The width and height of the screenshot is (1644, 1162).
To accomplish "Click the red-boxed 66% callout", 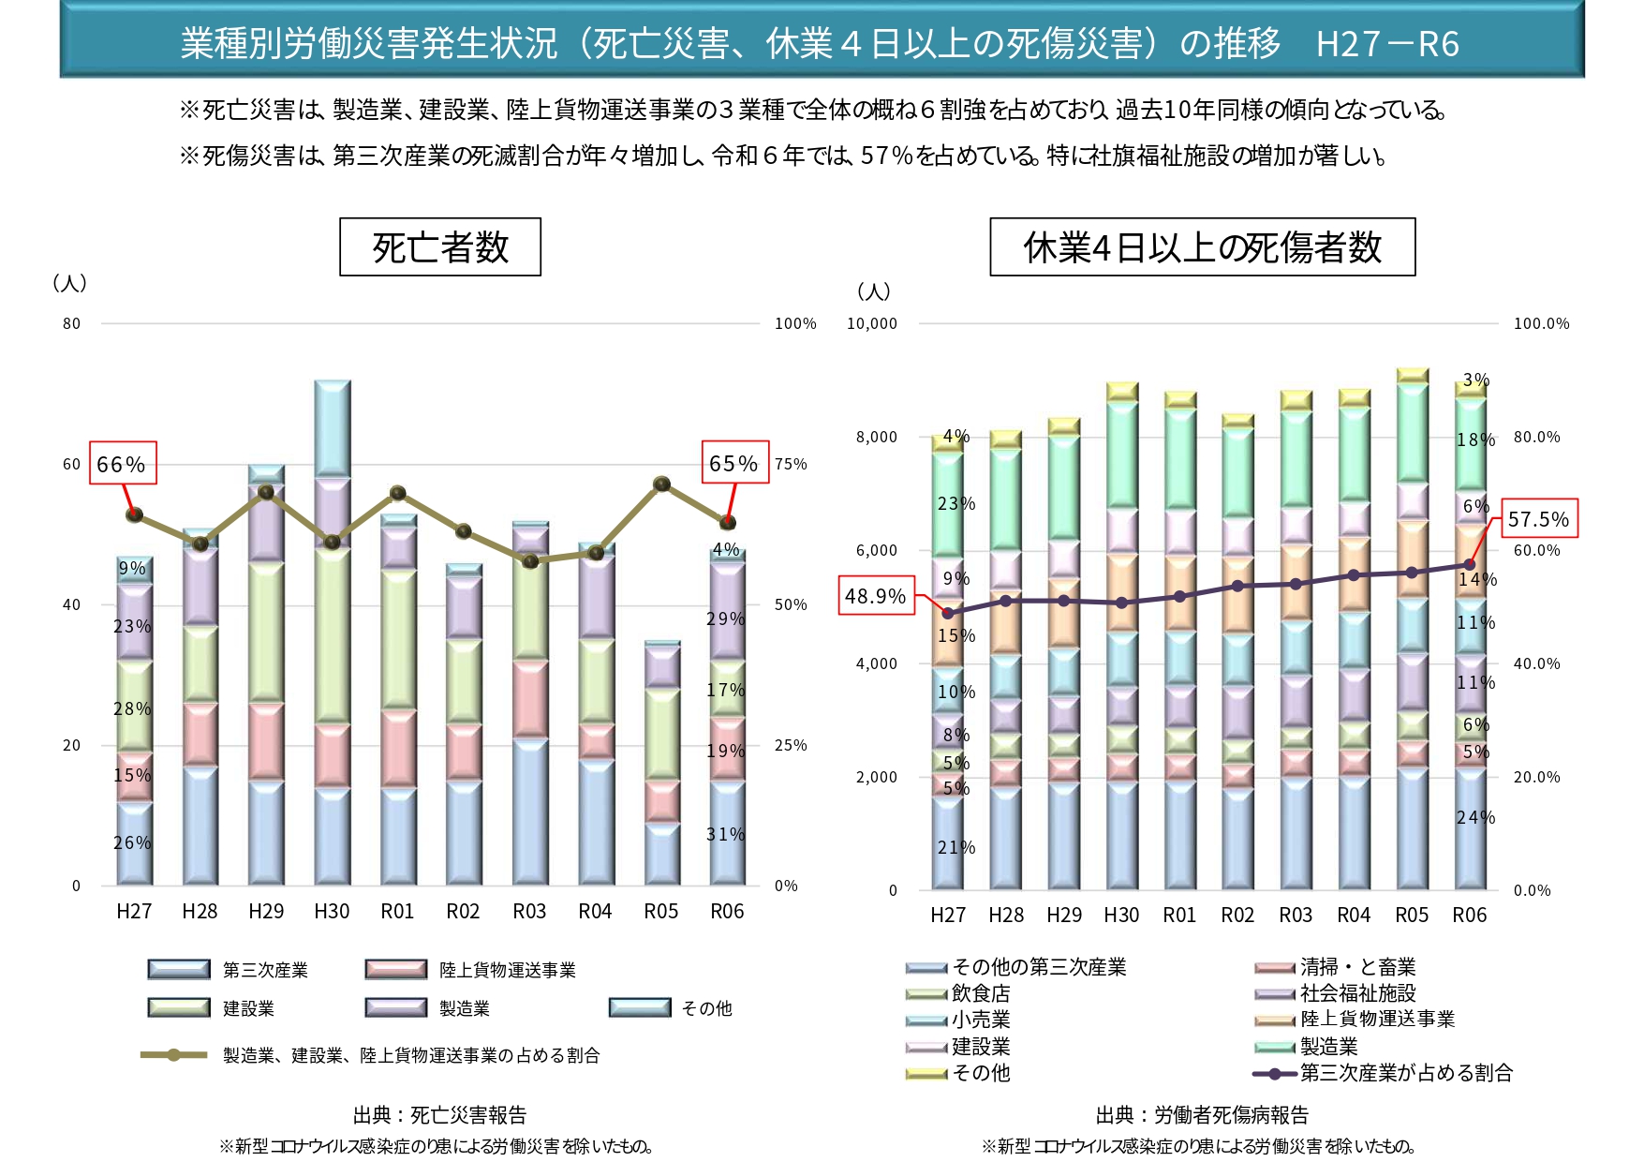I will (x=123, y=463).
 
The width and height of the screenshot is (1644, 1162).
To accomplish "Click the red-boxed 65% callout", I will (x=735, y=463).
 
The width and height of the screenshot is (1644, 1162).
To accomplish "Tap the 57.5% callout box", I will (x=1539, y=518).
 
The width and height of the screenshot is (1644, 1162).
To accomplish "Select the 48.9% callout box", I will (x=876, y=596).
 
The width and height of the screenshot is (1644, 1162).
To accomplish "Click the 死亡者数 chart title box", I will (x=440, y=247).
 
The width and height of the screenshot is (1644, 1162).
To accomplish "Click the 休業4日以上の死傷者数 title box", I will (x=1202, y=247).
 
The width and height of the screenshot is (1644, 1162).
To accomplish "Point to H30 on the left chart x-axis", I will (x=332, y=911).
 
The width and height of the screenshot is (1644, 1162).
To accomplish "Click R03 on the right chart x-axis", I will (x=1296, y=915).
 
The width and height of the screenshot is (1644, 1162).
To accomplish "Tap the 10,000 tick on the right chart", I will (x=872, y=323).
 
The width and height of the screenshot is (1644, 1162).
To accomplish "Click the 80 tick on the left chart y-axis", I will (x=72, y=323).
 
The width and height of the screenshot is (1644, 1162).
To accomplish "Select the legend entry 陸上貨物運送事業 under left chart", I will (x=507, y=970).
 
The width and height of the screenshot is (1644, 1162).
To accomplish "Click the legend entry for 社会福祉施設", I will (x=1357, y=993).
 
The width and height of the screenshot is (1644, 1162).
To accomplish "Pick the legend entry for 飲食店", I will (x=980, y=993).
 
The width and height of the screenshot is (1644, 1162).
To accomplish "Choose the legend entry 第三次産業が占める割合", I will (x=1405, y=1073).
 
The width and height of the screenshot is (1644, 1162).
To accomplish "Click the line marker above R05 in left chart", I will (x=661, y=484).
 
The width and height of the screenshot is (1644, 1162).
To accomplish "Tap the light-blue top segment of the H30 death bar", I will (x=332, y=427).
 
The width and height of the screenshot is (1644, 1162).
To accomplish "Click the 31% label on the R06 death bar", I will (x=725, y=834).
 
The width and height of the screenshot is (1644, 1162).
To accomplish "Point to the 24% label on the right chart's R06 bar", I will (x=1475, y=817).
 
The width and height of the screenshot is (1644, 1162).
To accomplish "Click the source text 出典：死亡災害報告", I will (x=439, y=1115).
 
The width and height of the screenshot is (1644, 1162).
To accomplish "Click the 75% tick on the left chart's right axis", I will (x=791, y=464).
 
